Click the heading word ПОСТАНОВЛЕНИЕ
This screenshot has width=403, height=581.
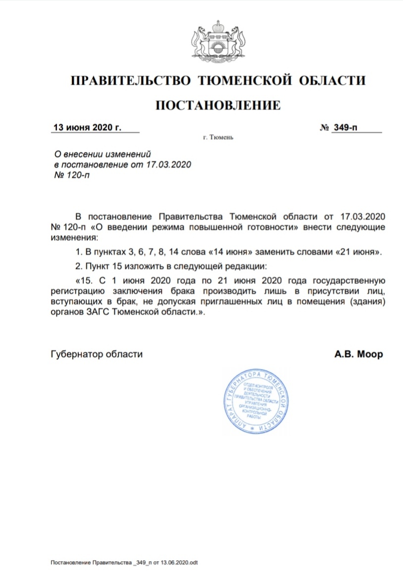tap(218, 105)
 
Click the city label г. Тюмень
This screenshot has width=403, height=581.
tap(218, 138)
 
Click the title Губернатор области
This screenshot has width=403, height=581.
tap(97, 354)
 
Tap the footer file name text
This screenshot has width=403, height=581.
tap(124, 563)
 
